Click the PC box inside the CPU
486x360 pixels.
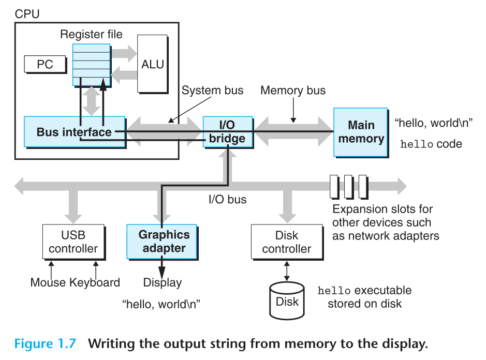click(45, 65)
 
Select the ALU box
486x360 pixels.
click(152, 64)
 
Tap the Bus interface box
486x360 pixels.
click(74, 131)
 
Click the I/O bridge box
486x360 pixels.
click(227, 131)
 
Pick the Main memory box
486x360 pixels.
click(361, 132)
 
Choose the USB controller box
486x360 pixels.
click(73, 242)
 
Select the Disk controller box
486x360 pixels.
click(286, 242)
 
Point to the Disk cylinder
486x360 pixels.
click(287, 301)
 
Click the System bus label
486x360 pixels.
click(212, 91)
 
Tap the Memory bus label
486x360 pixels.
click(293, 91)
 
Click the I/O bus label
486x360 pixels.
click(227, 199)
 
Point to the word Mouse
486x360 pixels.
click(48, 282)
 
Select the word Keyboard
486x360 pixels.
click(95, 282)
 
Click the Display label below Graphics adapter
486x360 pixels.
click(163, 282)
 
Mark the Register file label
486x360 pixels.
click(91, 35)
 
